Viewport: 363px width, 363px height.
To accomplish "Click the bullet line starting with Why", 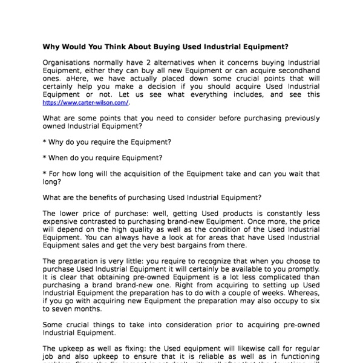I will (108, 142).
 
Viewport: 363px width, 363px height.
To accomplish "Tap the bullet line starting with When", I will (103, 158).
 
